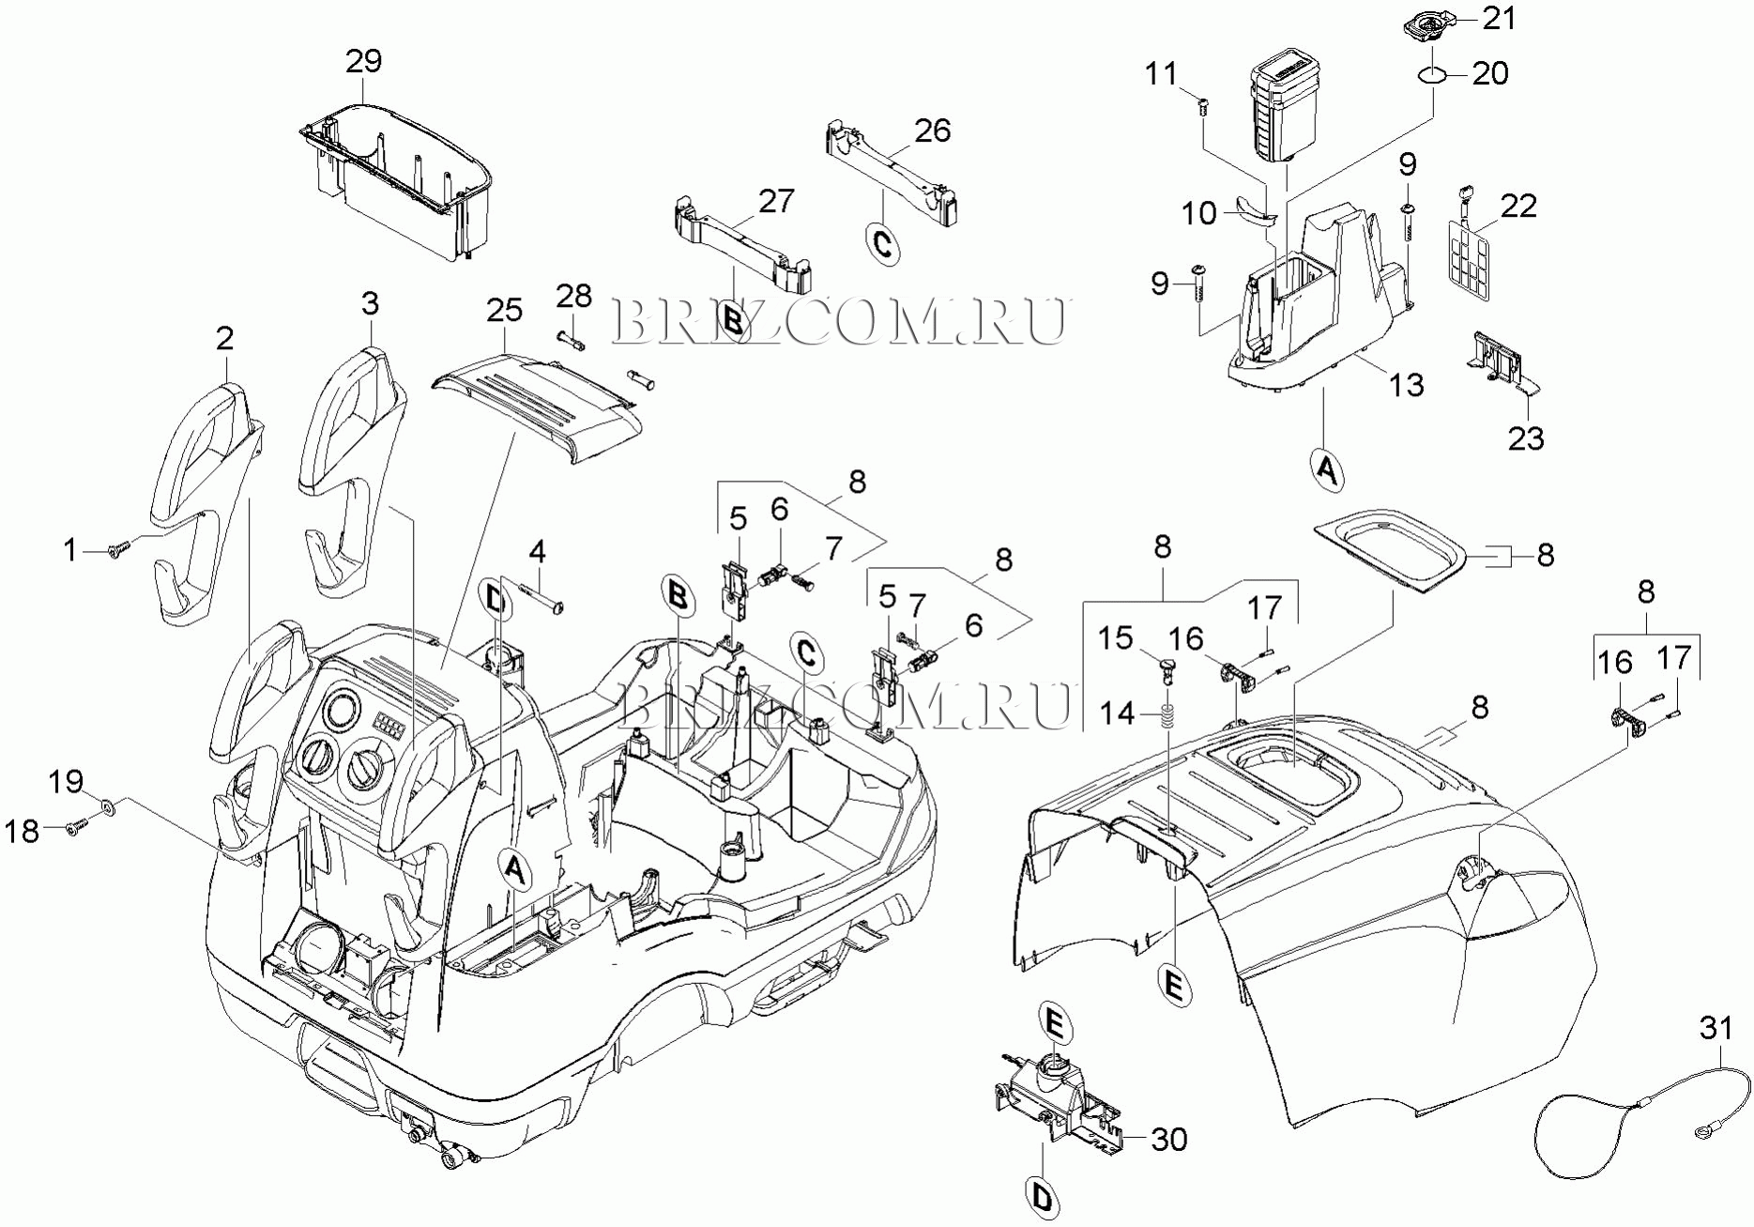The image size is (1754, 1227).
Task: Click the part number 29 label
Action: click(364, 61)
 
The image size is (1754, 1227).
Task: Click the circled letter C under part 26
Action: click(882, 243)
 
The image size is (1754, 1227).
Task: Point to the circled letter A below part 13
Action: click(1325, 468)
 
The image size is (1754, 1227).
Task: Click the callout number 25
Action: click(504, 310)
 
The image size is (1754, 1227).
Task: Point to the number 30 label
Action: click(1169, 1139)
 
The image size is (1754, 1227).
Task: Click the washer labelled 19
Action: click(107, 805)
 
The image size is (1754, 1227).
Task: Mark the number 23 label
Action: click(1526, 438)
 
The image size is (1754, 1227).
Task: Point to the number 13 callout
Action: click(1406, 384)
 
